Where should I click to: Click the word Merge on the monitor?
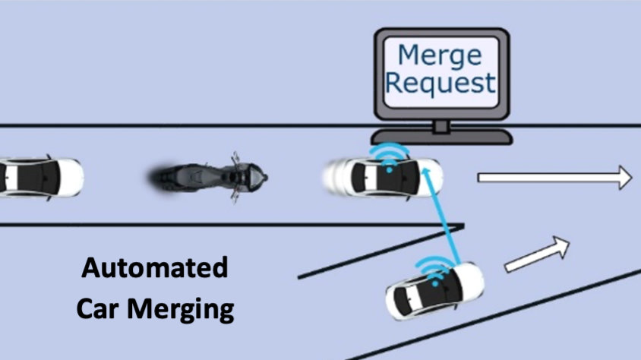click(440, 55)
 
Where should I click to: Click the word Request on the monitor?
click(440, 83)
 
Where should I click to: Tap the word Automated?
click(155, 268)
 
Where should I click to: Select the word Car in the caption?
click(103, 310)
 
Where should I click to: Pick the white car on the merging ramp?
click(434, 291)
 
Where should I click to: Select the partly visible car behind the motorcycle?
click(38, 176)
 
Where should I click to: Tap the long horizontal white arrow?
click(554, 178)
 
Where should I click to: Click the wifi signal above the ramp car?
click(434, 267)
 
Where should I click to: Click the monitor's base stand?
click(440, 136)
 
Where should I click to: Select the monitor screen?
click(440, 70)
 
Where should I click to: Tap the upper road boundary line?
click(190, 125)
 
